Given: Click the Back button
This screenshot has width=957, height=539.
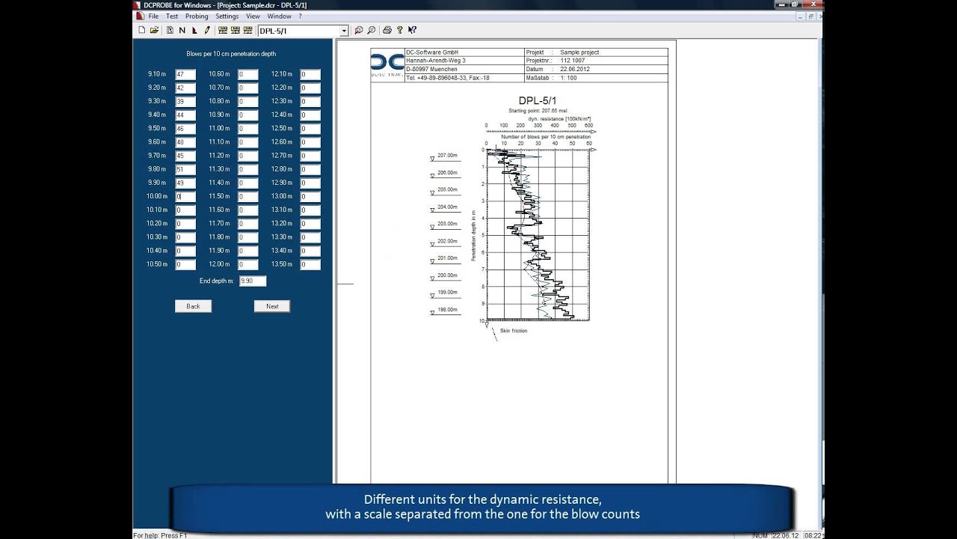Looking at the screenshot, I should pos(193,306).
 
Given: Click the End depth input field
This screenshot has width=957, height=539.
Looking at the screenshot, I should pos(253,281).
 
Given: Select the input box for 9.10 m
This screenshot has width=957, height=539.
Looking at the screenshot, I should pos(185,74).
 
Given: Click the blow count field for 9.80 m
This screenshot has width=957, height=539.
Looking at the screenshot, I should pos(185,169).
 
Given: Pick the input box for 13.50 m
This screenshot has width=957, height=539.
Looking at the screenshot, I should pos(310,264).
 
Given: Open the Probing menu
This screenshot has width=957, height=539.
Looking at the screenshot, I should pos(197,16).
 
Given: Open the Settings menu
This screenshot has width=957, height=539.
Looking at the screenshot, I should pos(227,16).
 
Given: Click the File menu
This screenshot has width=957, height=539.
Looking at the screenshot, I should pos(153,16).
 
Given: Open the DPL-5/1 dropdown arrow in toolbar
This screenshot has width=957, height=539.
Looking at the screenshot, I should pos(344,31).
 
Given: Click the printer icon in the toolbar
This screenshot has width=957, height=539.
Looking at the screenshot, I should pos(387,31).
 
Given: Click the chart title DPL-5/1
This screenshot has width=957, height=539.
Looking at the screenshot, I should pos(537,100).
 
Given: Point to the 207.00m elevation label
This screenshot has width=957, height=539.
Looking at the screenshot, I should pos(447,156).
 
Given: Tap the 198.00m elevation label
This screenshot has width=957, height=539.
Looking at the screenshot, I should pos(447,310).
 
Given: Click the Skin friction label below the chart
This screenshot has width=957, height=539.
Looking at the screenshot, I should pos(514,331).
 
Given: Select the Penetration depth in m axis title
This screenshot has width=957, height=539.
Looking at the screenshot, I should pos(473,235).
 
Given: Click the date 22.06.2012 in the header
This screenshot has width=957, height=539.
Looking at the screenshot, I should pos(574,69).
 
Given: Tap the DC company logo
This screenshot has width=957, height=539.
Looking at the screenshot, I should pos(387,64).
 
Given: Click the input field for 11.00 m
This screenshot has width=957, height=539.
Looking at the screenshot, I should pos(247,129).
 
